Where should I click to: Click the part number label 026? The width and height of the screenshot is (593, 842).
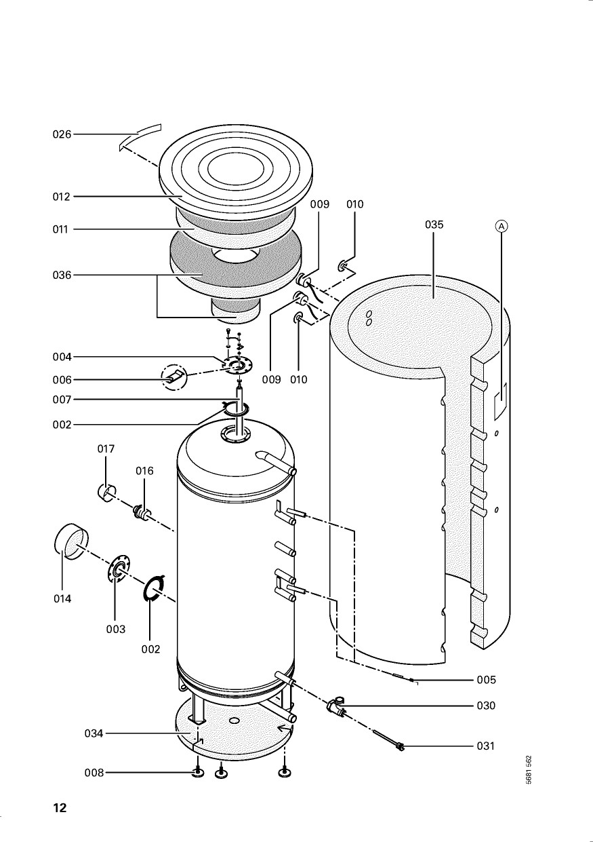(x=62, y=134)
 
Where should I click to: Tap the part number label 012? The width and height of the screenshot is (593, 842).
(x=62, y=197)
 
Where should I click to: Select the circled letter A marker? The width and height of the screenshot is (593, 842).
(x=501, y=227)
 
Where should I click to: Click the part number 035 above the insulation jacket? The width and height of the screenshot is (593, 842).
(x=434, y=225)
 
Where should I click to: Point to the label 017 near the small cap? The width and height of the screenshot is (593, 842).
(x=106, y=449)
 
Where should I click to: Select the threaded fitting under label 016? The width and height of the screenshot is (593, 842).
(x=143, y=512)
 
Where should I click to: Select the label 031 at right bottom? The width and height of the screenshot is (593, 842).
(x=486, y=746)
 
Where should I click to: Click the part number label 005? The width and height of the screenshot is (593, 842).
(x=486, y=680)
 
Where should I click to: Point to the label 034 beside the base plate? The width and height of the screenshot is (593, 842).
(x=94, y=733)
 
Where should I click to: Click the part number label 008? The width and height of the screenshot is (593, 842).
(x=94, y=773)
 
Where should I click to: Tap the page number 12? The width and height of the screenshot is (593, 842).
(x=60, y=808)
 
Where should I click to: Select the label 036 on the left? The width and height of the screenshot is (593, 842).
(x=62, y=275)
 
